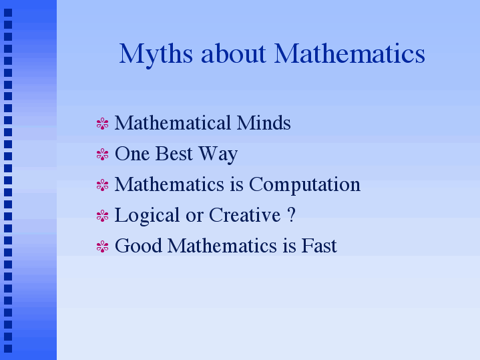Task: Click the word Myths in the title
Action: tap(156, 55)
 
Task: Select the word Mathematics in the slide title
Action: tap(349, 53)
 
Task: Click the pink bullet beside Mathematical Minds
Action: tap(102, 124)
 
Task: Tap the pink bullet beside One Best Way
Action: tap(102, 154)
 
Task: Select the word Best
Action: tap(174, 154)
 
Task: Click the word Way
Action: tap(218, 155)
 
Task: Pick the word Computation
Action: tap(304, 186)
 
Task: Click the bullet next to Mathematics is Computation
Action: tap(102, 185)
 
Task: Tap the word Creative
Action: tap(244, 215)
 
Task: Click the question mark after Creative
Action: tap(292, 215)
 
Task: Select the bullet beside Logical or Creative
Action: tap(102, 216)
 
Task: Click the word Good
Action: tap(138, 245)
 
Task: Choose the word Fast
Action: tap(319, 245)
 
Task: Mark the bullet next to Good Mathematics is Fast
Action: tap(102, 246)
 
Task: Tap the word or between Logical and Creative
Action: tap(194, 217)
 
